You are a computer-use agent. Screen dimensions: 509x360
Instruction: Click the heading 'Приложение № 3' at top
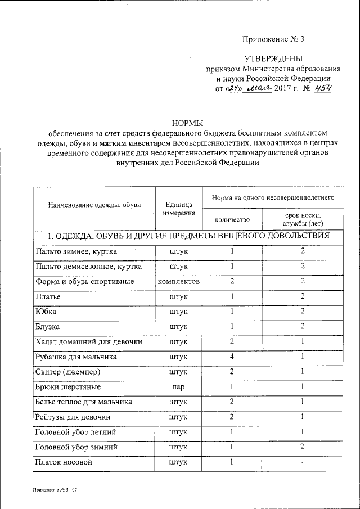(x=273, y=39)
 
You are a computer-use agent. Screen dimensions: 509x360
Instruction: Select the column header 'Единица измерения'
(x=179, y=209)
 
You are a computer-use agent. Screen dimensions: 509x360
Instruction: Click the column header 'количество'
(x=232, y=219)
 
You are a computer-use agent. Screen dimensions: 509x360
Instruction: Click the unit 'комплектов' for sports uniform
(x=179, y=281)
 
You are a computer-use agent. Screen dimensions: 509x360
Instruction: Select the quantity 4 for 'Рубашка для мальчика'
(x=232, y=357)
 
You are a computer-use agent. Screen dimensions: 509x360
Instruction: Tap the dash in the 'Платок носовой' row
(x=303, y=463)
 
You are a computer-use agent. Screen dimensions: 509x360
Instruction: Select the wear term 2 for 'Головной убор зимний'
(x=303, y=448)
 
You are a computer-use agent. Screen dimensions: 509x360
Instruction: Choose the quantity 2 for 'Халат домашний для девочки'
(x=232, y=341)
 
